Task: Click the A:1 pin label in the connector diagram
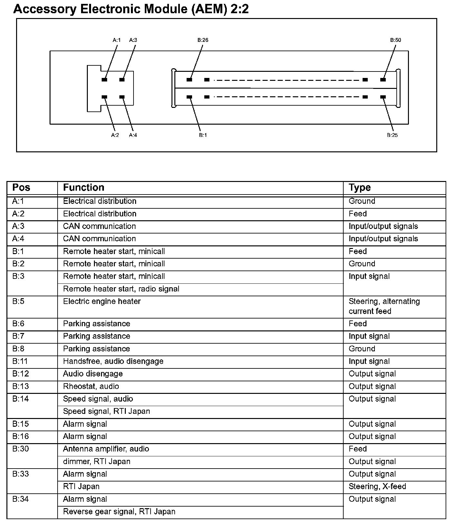coord(116,40)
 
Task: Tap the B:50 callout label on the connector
coord(395,40)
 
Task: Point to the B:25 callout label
coord(392,135)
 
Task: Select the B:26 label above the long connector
coord(203,40)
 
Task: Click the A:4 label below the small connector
coord(133,135)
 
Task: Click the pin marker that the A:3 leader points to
coord(122,80)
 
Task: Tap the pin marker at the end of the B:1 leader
coord(189,97)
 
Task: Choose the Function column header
coord(84,187)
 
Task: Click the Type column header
coord(360,187)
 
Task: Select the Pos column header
coord(21,187)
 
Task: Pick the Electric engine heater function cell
coord(102,301)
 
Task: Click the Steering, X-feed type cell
coord(377,486)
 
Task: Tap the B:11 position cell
coord(20,361)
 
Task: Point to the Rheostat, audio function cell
coord(91,386)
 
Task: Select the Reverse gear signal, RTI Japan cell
coord(119,511)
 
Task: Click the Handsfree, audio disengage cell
coord(113,361)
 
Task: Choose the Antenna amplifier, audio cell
coord(106,449)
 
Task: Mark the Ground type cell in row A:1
coord(362,201)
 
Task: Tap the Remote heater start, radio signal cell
coord(121,289)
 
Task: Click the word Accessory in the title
coord(45,9)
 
